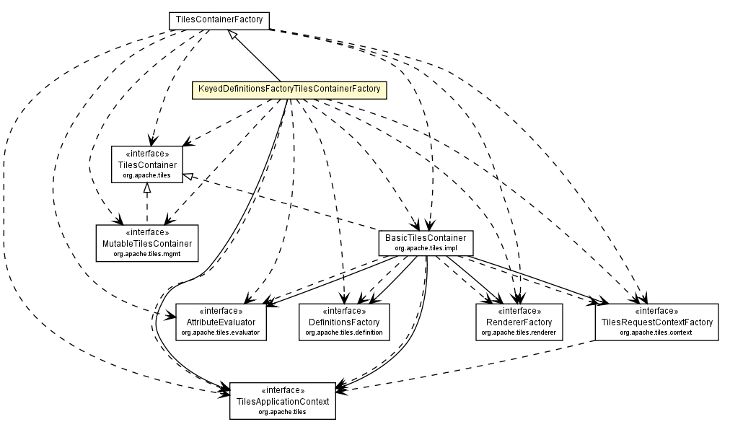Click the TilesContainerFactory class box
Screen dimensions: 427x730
219,21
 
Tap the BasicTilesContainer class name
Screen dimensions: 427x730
425,238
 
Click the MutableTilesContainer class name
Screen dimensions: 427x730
147,244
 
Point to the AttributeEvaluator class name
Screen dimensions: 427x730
220,322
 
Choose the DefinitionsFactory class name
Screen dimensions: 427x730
344,322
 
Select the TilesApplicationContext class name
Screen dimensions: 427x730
282,401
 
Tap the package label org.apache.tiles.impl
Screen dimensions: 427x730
425,248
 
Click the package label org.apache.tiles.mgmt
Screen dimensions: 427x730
147,255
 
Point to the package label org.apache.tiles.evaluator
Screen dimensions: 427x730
220,333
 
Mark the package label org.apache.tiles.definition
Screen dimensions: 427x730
344,333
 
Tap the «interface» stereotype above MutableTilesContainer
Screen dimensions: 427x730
147,233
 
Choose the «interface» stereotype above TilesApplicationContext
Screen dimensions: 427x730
282,390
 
